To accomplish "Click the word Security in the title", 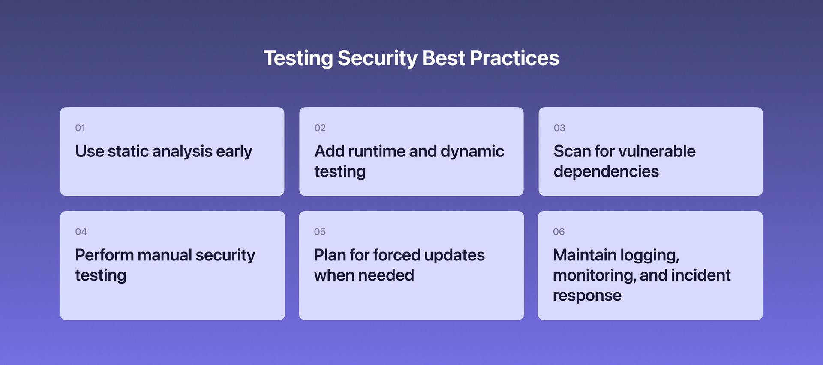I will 377,58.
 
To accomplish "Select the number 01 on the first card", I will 80,128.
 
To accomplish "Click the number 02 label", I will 320,128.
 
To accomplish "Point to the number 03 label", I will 559,128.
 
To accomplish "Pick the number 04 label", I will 81,232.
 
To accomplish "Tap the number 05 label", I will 319,232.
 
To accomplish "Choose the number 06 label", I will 559,232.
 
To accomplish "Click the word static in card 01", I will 128,151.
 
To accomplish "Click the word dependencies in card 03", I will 606,172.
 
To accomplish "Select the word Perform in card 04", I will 104,255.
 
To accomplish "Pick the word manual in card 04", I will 164,255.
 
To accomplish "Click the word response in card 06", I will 586,296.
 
